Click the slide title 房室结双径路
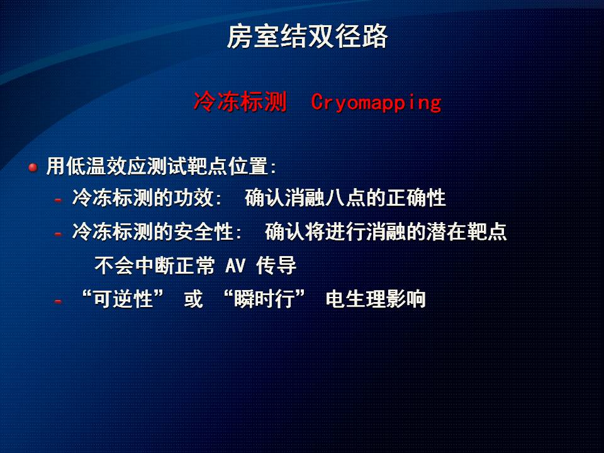tap(307, 36)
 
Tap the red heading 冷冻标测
tap(240, 102)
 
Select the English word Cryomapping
tap(376, 103)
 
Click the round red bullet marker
tap(33, 167)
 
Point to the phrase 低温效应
tap(106, 166)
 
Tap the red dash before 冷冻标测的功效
tap(58, 200)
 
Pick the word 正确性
tap(416, 198)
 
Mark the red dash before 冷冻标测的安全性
tap(58, 234)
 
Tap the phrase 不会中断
tap(134, 266)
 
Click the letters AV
tap(235, 266)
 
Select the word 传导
tap(276, 266)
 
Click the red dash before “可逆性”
tap(58, 301)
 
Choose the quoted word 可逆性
tap(123, 299)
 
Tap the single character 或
tap(193, 299)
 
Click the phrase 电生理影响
tap(376, 299)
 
